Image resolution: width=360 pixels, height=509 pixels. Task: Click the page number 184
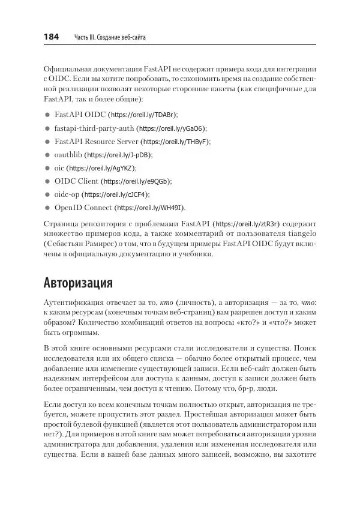(x=51, y=37)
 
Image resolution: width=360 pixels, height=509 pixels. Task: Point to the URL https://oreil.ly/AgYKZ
(x=101, y=168)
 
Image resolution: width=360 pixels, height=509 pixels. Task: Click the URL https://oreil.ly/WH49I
(x=150, y=208)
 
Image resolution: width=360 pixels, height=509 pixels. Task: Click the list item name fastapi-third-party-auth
(x=94, y=128)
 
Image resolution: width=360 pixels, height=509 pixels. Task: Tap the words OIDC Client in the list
(x=76, y=181)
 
